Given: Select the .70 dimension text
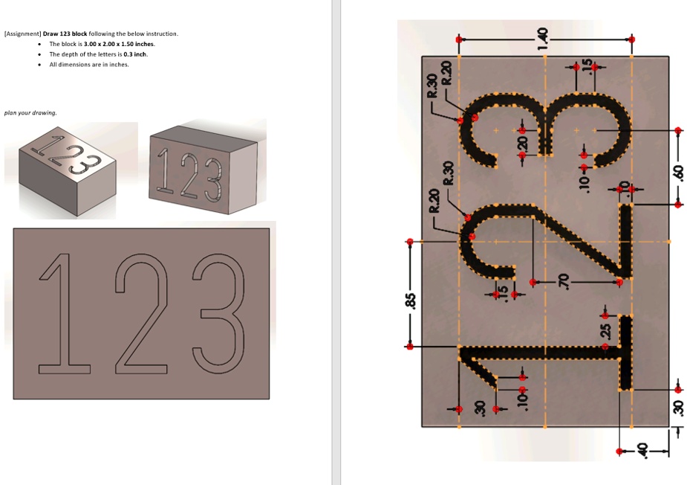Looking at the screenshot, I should coord(564,281).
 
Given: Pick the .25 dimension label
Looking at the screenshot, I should coord(605,330).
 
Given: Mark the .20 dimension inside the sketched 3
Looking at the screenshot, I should coord(521,142).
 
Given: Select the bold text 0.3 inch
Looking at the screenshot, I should coord(135,54).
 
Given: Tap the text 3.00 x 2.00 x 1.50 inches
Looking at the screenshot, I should coord(120,44).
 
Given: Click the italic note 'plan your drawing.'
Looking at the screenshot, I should coord(30,113).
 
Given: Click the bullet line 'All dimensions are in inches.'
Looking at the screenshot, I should coord(88,65).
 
